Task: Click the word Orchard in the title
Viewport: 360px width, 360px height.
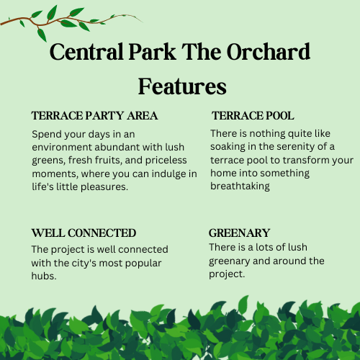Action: (x=269, y=52)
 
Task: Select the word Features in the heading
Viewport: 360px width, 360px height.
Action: (x=182, y=86)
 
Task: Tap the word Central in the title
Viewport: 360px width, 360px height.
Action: (x=86, y=52)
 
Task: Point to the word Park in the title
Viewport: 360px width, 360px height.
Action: (x=152, y=52)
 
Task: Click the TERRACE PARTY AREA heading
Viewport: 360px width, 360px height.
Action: (x=94, y=116)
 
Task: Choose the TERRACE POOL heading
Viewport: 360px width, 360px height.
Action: (x=253, y=116)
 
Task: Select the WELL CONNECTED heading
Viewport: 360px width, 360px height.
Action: (x=84, y=233)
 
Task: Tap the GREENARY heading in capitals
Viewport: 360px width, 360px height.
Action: (x=239, y=233)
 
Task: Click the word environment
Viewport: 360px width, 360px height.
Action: (x=62, y=147)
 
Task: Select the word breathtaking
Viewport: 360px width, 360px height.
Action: (x=240, y=186)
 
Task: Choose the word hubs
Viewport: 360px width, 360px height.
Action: (x=44, y=276)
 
